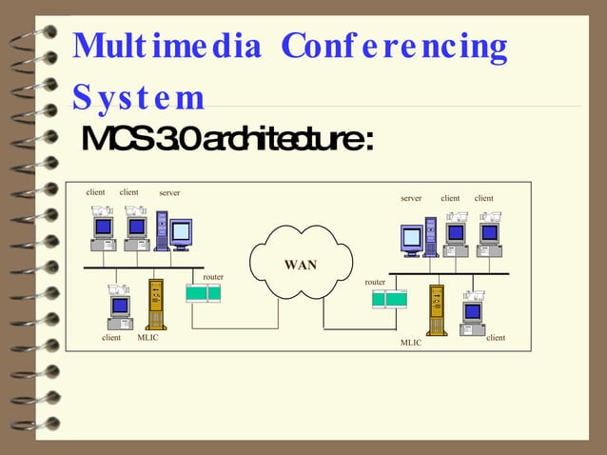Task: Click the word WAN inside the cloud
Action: pos(301,264)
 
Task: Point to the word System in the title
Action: pos(138,97)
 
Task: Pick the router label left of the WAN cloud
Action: pos(213,277)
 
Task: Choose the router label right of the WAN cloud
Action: pos(376,282)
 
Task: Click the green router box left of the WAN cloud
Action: pos(204,293)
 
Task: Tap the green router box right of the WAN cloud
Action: pos(390,300)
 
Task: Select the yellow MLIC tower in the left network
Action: pos(156,305)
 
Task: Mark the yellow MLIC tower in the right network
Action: pos(437,308)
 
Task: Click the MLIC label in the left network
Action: pos(148,338)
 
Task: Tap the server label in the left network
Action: pos(169,193)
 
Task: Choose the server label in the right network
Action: pos(411,199)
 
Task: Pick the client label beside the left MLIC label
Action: pos(111,338)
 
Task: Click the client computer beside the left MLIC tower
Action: pos(120,307)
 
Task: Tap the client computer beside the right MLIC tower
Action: pos(474,314)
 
